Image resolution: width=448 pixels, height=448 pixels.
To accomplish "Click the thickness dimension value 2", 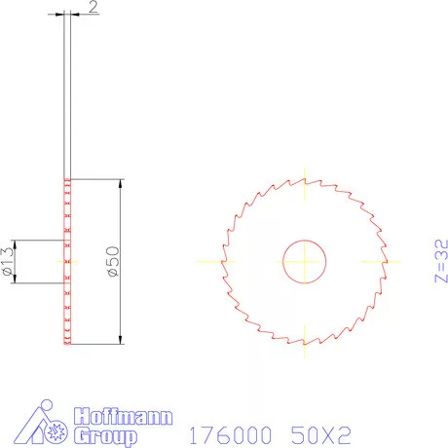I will (x=92, y=8).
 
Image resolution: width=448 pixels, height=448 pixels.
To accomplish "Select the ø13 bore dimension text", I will (x=9, y=262).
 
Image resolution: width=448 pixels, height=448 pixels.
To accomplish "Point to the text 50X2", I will (x=320, y=433).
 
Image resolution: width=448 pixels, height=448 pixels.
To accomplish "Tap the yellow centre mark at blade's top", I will (x=304, y=179).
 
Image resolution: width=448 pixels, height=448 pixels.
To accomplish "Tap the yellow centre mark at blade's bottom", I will (x=304, y=343).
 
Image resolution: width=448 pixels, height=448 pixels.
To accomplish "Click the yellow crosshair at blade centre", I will (x=304, y=261).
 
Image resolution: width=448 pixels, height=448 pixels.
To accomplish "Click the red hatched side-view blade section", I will (x=67, y=261).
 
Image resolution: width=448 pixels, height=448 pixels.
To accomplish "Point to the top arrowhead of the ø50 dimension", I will (x=121, y=184).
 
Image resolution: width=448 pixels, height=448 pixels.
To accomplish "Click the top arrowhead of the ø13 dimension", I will (x=18, y=243).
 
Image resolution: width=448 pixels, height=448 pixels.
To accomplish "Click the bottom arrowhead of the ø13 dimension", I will (x=18, y=280).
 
